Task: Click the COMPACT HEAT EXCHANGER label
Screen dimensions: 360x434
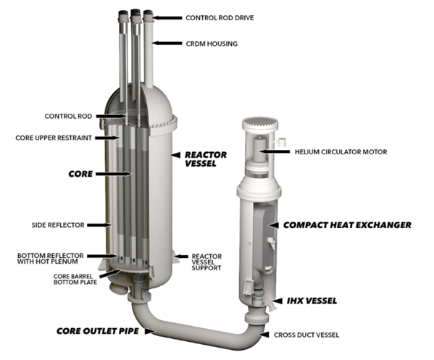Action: click(346, 225)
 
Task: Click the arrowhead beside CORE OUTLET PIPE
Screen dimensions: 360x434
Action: click(149, 331)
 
